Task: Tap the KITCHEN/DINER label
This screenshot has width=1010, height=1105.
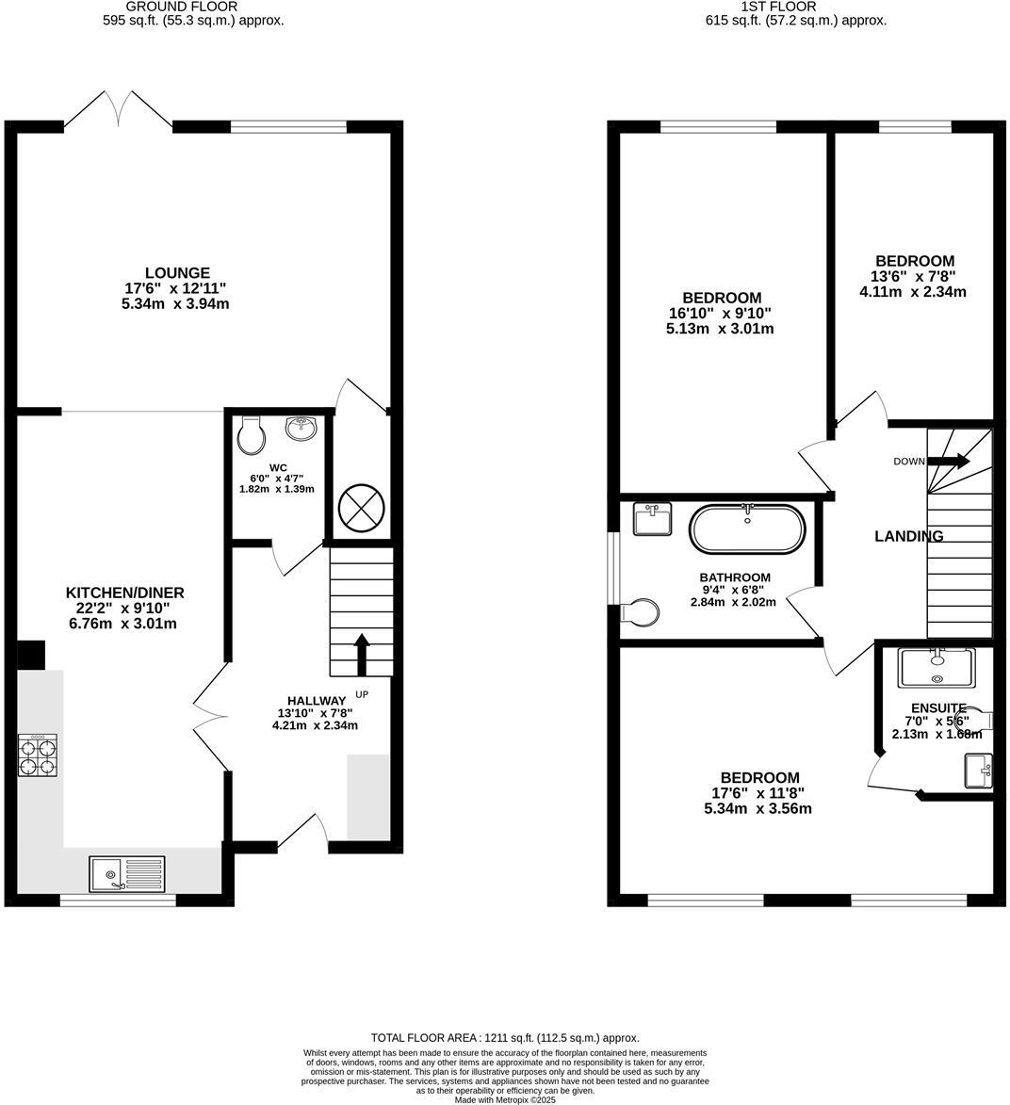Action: [124, 593]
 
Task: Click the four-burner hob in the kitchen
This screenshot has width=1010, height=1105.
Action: [38, 755]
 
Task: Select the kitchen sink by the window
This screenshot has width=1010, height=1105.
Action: [126, 873]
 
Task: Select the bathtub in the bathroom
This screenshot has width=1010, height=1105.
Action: [748, 529]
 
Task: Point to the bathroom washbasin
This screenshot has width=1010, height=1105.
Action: [652, 519]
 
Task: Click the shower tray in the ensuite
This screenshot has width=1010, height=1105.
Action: [937, 667]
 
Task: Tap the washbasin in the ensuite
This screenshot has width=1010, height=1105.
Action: [978, 771]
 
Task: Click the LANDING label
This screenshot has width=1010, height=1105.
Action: [908, 536]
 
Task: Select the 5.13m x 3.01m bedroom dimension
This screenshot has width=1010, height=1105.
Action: [720, 329]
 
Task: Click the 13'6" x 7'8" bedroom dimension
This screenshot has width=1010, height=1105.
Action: [913, 277]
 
